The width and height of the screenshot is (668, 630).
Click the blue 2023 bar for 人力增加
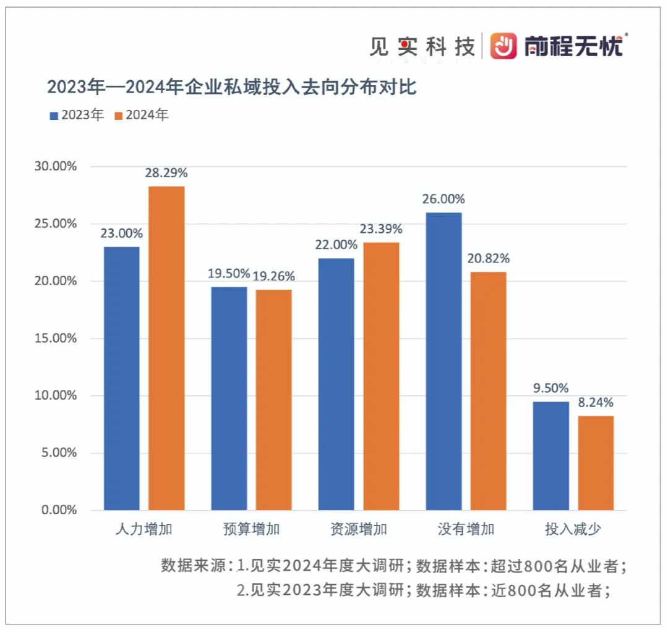[x=122, y=378]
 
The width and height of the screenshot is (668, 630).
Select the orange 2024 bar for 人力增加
[x=166, y=348]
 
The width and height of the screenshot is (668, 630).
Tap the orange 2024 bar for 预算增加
[x=273, y=400]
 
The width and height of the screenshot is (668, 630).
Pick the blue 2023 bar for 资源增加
[x=336, y=384]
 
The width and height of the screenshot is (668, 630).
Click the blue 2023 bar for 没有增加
[x=443, y=361]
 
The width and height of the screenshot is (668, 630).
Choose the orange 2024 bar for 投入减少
[x=596, y=463]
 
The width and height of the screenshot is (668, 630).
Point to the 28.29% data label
[x=166, y=174]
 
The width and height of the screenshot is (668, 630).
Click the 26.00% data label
[x=443, y=199]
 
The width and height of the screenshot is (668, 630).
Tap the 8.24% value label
[x=596, y=403]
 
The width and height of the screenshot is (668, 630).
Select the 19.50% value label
[x=228, y=274]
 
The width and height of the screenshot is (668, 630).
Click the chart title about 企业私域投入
[x=232, y=87]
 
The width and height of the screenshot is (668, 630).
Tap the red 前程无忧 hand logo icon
[x=503, y=46]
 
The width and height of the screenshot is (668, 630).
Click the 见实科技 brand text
[x=422, y=46]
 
